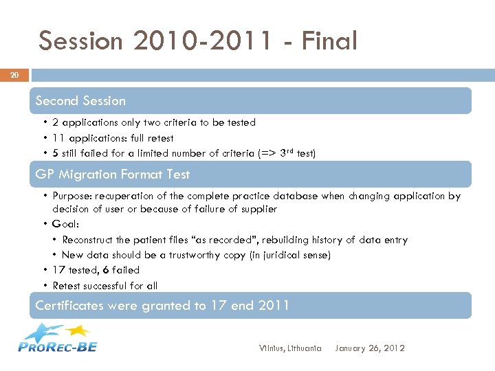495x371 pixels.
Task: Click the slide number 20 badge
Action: click(14, 75)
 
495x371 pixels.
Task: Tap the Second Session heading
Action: click(80, 101)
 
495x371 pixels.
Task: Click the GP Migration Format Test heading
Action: click(112, 175)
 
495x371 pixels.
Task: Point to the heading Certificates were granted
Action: click(162, 305)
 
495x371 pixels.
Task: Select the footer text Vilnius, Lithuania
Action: click(289, 348)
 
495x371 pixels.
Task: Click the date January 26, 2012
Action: click(370, 348)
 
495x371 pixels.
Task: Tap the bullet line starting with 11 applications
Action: click(113, 138)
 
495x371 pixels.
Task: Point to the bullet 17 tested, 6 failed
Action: click(96, 270)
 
